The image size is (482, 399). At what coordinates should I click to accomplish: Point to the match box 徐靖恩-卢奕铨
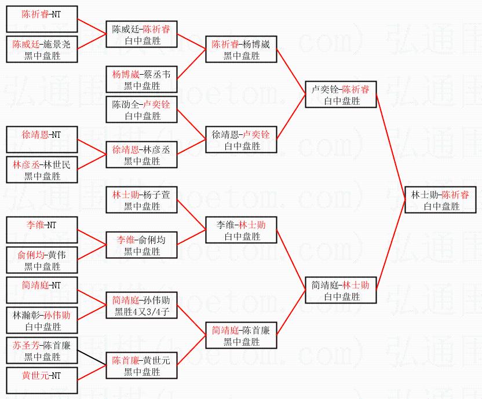[242, 140]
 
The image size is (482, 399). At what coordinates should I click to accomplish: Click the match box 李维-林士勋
[242, 230]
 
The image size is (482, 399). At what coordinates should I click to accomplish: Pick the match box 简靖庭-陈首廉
[242, 335]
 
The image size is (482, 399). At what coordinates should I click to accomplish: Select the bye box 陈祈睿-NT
[42, 19]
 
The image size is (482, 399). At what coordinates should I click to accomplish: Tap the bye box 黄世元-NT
[42, 380]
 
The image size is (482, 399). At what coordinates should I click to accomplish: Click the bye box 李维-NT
[42, 230]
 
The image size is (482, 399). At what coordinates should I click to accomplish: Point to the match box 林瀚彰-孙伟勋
[42, 320]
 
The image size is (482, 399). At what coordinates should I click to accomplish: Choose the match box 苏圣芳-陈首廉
[42, 350]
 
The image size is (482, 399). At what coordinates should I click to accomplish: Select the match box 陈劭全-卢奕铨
[142, 109]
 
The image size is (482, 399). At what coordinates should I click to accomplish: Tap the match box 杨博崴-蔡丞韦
[142, 79]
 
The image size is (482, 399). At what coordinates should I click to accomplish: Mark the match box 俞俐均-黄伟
[42, 260]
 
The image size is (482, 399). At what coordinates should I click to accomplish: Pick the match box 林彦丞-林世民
[42, 170]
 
